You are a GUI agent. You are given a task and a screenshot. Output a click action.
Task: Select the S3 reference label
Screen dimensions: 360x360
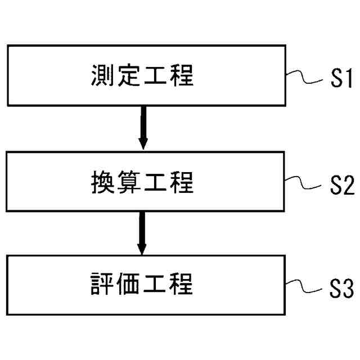click(340, 290)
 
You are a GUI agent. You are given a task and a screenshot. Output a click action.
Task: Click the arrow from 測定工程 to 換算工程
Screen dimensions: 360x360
click(143, 128)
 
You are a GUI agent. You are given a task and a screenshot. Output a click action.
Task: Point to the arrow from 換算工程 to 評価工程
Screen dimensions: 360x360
click(142, 233)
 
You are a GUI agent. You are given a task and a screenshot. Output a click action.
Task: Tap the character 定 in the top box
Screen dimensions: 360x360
click(129, 75)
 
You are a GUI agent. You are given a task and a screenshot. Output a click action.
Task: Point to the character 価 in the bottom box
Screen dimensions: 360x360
click(129, 285)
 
